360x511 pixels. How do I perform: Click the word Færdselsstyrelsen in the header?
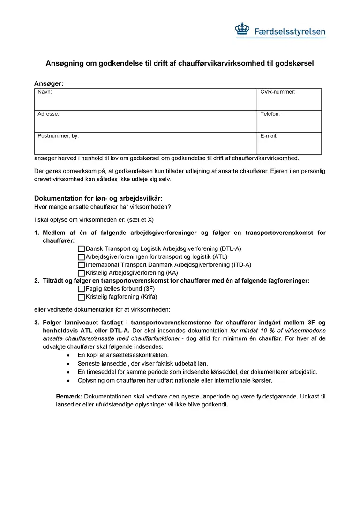coord(289,32)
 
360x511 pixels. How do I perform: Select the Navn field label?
coord(45,92)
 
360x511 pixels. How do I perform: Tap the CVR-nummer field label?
coord(277,92)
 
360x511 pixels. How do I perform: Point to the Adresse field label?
coord(48,114)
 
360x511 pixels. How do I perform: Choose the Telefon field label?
coord(270,114)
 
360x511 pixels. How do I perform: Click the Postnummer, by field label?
coord(58,136)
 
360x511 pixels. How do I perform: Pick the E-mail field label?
coord(269,136)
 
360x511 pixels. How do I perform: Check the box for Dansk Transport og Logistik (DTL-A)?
coord(81,249)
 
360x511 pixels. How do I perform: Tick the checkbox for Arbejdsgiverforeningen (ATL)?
coord(81,257)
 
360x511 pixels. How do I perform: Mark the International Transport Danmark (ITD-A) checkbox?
coord(81,265)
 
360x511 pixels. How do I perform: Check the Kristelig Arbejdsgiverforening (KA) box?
coord(81,273)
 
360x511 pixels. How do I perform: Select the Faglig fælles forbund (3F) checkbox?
coord(81,289)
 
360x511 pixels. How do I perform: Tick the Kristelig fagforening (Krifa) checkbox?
coord(81,297)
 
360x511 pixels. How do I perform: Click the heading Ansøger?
coord(48,83)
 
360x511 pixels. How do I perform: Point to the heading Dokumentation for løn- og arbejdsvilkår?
coord(98,198)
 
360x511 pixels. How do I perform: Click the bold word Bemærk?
coord(69,397)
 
